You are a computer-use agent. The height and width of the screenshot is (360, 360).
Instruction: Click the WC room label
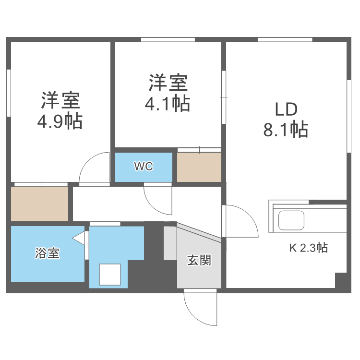[x=144, y=167]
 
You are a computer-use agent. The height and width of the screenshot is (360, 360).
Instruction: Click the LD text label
[x=286, y=110]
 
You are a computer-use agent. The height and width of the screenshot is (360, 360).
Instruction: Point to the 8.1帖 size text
[x=286, y=129]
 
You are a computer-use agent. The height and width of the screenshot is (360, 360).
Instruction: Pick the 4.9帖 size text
[x=60, y=121]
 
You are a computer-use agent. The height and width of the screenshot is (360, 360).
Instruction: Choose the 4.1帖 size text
[x=168, y=103]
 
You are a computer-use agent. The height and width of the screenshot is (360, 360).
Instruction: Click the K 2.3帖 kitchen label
[x=308, y=248]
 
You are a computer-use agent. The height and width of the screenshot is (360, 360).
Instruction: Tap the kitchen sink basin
[x=291, y=220]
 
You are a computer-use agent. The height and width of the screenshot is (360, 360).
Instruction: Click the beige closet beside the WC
[x=199, y=167]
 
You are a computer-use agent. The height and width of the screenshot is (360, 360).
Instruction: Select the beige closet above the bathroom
[x=40, y=204]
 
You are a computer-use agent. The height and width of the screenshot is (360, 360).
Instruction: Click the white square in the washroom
[x=110, y=274]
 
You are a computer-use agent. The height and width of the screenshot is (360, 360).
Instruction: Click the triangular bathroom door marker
[x=79, y=238]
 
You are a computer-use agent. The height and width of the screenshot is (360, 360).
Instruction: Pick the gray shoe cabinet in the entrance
[x=170, y=243]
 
